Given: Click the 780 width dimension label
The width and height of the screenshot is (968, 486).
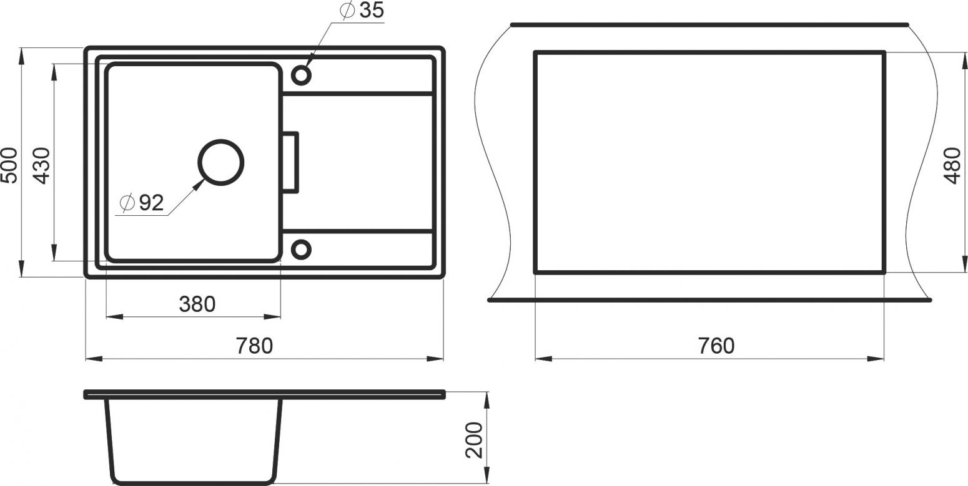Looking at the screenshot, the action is coord(255,346).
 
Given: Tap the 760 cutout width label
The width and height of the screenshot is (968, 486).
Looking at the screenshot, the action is coord(716,346).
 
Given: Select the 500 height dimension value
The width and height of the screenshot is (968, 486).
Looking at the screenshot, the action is coord(9,165).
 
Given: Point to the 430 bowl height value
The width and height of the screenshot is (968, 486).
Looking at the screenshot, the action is coord(42,165).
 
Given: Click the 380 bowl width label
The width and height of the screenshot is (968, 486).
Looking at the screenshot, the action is coord(197,304).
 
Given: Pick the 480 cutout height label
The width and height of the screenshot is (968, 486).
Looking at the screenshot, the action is coord(952,165).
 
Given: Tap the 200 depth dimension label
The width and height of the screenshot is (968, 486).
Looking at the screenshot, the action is coord(474,440).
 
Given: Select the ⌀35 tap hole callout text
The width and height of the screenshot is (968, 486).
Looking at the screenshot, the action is coord(362,11).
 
